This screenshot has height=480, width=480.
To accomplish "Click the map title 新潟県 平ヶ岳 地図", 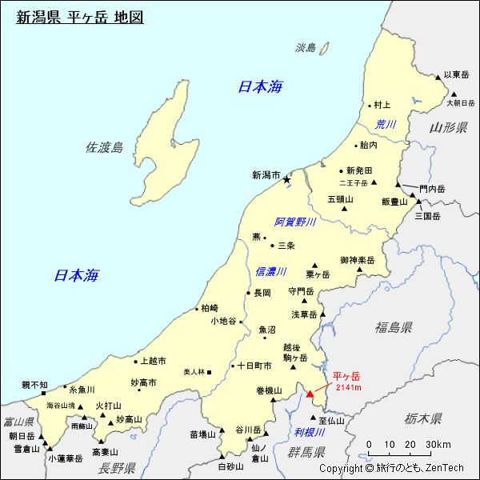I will [80, 17].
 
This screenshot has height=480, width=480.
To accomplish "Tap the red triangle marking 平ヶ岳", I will [310, 393].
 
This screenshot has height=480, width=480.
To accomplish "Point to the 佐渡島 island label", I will [105, 147].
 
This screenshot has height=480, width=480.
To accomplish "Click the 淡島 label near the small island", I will [306, 48].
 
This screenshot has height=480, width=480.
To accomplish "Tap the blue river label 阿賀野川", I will [295, 222].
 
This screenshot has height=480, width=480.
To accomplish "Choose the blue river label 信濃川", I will [270, 272].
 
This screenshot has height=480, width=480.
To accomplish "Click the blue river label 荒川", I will [386, 124].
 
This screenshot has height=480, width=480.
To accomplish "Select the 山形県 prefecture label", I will [448, 128].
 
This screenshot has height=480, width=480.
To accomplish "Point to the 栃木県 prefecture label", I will [423, 418].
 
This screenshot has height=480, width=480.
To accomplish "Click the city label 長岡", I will [262, 293].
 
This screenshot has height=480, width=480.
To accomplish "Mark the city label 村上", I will [382, 105].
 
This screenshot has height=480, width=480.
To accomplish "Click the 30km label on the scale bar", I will [438, 445].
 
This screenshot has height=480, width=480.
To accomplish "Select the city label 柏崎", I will [210, 308].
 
